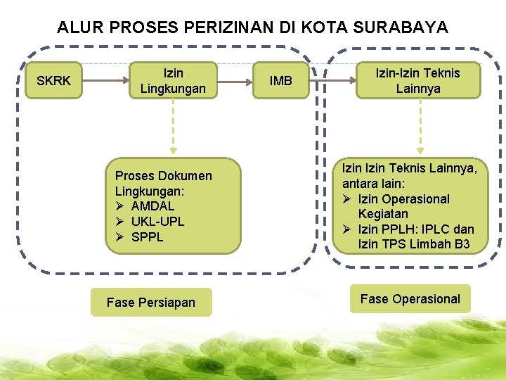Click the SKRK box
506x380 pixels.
pyautogui.click(x=53, y=81)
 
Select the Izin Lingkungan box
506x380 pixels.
pyautogui.click(x=173, y=81)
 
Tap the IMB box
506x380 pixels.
pyautogui.click(x=281, y=81)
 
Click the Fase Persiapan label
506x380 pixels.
pyautogui.click(x=150, y=303)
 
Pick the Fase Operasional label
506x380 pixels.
pyautogui.click(x=410, y=299)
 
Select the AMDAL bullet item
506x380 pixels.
pyautogui.click(x=153, y=206)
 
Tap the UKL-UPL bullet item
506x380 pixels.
pyautogui.click(x=157, y=222)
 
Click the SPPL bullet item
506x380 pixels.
pyautogui.click(x=147, y=237)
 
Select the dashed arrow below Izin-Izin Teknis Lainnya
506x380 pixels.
pyautogui.click(x=420, y=127)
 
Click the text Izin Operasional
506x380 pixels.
pyautogui.click(x=403, y=199)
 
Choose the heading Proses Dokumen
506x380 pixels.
pyautogui.click(x=163, y=176)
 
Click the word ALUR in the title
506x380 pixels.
pyautogui.click(x=77, y=28)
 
